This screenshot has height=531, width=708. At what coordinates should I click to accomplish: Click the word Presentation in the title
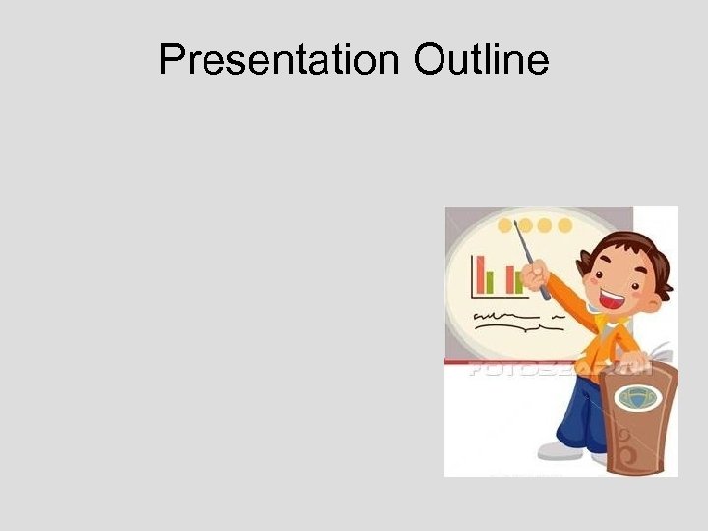279,61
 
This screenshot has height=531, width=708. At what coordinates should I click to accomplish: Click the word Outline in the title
481,61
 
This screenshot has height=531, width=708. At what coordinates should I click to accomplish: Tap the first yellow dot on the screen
505,225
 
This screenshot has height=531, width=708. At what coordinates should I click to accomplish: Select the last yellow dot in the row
565,225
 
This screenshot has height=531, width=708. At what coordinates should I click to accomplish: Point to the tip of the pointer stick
515,224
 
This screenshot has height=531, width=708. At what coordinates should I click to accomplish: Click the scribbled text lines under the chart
506,318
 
